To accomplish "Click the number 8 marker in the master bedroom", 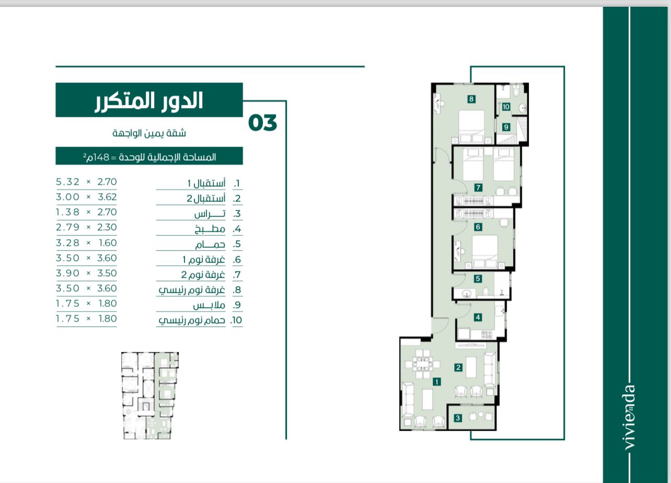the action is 471,99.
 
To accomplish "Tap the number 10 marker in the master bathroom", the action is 506,107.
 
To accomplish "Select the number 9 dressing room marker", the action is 506,127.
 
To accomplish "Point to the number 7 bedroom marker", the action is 478,187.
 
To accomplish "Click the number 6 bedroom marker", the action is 478,227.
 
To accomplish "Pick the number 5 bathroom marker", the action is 478,279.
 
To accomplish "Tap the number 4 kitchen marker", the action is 478,317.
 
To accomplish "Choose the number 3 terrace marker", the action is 458,418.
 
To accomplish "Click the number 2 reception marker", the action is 458,368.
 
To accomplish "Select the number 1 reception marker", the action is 437,382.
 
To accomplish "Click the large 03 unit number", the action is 263,123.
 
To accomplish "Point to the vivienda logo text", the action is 630,417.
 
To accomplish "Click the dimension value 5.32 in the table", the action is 68,182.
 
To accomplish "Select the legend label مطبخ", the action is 210,229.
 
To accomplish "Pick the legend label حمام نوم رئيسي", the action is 192,321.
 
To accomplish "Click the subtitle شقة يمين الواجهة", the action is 149,133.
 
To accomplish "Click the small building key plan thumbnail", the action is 150,396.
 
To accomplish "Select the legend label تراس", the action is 210,214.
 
